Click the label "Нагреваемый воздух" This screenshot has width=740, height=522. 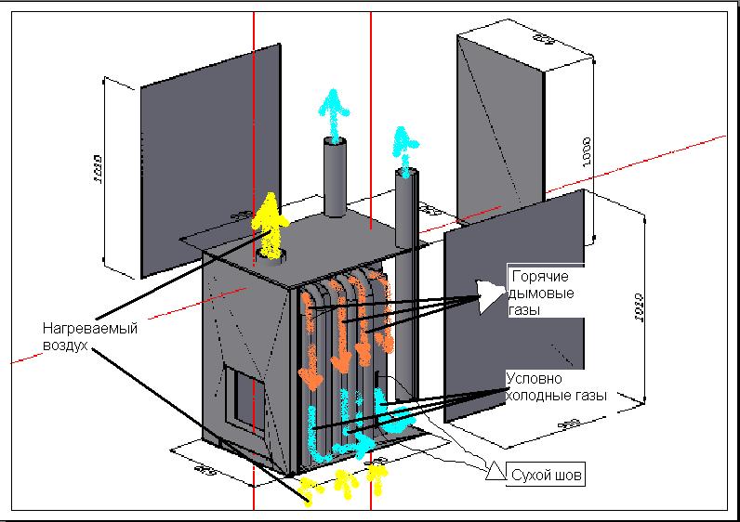(x=84, y=336)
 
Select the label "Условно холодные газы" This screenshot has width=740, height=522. (x=555, y=386)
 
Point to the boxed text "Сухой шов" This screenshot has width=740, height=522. (x=548, y=476)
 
